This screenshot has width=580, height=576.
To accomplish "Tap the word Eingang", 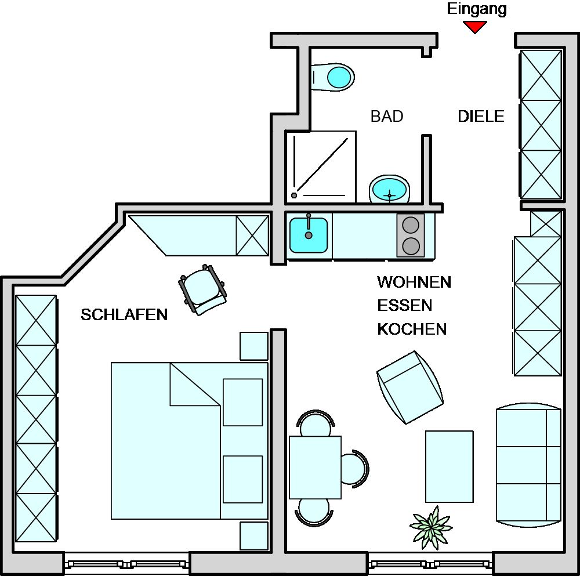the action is (477, 9).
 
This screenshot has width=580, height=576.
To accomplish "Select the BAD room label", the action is (387, 116).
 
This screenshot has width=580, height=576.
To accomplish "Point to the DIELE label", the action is (481, 116).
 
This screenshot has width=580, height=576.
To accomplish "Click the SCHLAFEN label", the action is (124, 314).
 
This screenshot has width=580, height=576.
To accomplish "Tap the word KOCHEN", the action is (412, 329).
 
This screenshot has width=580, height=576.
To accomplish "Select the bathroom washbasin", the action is (389, 189).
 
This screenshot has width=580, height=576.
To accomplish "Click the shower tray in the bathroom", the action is (321, 167).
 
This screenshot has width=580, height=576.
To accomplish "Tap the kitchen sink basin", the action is (309, 235).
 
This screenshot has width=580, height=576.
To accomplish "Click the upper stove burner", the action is (411, 224).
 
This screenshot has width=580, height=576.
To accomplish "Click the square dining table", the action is (315, 467).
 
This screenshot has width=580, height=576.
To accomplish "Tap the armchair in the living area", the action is (410, 387).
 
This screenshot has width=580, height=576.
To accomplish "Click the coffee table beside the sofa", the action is (449, 466).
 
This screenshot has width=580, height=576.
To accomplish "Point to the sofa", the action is (528, 465).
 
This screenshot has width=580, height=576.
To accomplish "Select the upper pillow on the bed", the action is (242, 402).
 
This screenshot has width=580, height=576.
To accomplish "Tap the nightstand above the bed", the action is (254, 346).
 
